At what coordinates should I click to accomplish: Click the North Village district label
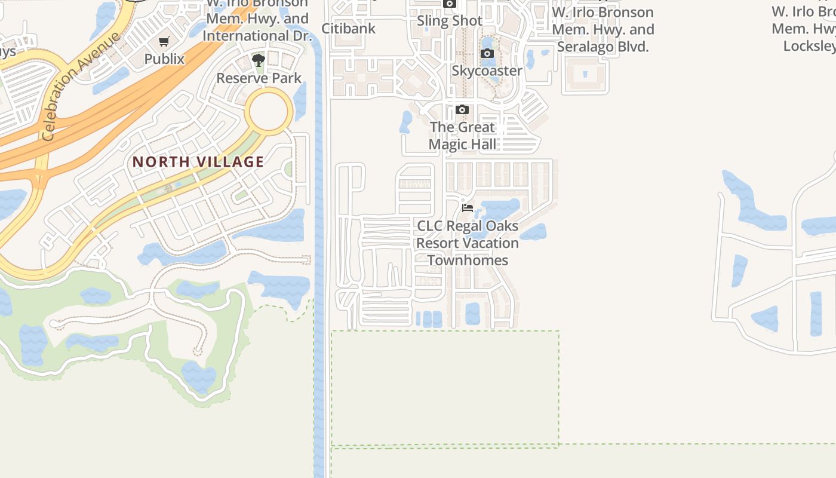tap(198, 162)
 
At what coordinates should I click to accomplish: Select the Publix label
tap(164, 59)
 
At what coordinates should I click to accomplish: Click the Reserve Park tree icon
tap(258, 60)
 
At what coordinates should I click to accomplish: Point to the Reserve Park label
tap(259, 78)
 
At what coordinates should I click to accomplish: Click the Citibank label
tap(349, 28)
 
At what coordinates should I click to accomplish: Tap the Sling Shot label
tap(450, 21)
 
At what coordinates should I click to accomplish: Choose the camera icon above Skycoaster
tap(487, 54)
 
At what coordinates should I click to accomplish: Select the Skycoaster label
tap(487, 71)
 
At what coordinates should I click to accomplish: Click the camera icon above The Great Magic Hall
tap(462, 110)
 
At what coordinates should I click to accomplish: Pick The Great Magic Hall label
tap(462, 136)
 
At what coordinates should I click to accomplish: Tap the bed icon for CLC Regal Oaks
tap(468, 208)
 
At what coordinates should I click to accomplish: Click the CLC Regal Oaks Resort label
tap(468, 235)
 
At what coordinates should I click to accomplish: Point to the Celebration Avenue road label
tap(81, 87)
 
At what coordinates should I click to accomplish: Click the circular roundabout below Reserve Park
tap(270, 112)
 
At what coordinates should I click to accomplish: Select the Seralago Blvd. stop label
tap(603, 29)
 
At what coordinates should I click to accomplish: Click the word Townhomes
tap(468, 261)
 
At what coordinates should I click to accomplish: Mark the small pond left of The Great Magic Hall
tap(406, 121)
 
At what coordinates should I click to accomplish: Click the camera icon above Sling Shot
tap(450, 4)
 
